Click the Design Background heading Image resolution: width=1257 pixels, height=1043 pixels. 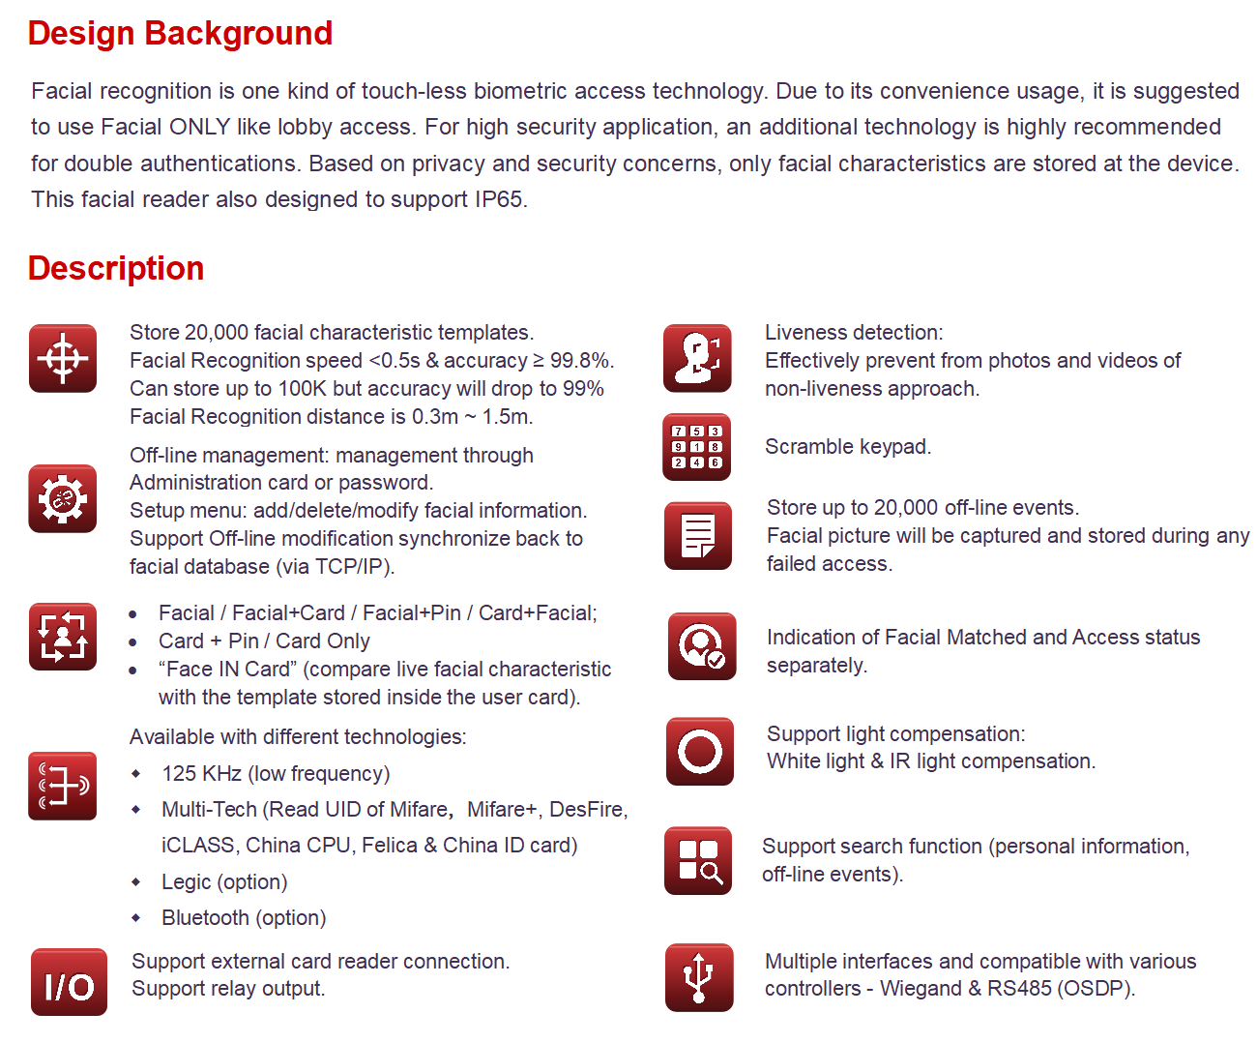(x=180, y=34)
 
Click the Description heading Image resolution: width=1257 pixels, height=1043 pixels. (x=116, y=268)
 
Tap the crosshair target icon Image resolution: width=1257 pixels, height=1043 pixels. (x=63, y=359)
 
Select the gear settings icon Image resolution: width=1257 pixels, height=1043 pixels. (x=63, y=498)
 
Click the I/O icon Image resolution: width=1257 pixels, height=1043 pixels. (x=69, y=982)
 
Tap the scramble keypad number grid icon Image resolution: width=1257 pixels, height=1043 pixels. (x=696, y=447)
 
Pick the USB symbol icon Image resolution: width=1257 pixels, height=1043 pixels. (x=698, y=977)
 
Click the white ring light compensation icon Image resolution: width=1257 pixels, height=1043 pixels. (x=699, y=752)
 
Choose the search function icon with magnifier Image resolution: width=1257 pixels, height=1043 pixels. (x=698, y=861)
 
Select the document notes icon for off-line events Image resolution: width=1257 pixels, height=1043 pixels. (x=698, y=536)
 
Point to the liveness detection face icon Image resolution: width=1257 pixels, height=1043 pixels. (x=697, y=359)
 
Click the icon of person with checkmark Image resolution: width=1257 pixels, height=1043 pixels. (x=701, y=646)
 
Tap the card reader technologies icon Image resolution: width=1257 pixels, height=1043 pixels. (x=63, y=786)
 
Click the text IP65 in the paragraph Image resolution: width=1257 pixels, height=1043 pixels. (x=499, y=199)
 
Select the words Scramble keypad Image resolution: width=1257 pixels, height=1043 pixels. (x=848, y=447)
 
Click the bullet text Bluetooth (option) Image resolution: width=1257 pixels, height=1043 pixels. (x=244, y=917)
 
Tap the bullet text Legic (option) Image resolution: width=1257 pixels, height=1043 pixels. (x=224, y=881)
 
